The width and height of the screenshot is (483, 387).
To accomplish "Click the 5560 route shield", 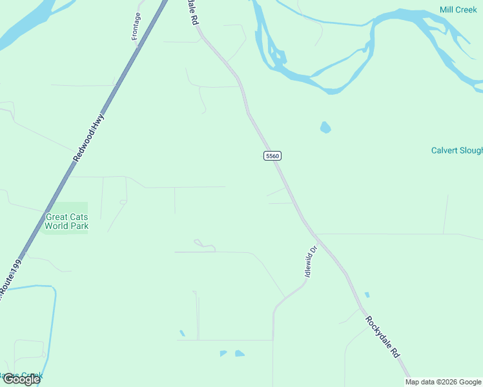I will [272, 156].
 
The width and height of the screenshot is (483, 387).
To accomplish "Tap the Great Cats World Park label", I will [67, 221].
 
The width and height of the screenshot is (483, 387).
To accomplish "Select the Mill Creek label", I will [458, 10].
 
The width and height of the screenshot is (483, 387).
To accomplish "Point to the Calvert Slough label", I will [457, 150].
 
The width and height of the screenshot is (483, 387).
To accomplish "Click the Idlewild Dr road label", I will [311, 261].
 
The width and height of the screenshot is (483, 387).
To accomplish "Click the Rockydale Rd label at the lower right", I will [383, 337].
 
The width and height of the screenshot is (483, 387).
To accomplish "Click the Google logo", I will [21, 379].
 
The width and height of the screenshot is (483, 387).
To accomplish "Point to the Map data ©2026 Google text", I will [444, 382].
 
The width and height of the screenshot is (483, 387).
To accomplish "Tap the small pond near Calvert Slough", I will [325, 127].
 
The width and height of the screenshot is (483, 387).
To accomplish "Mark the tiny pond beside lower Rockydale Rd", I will [367, 295].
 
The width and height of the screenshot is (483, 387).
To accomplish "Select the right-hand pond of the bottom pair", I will [240, 353].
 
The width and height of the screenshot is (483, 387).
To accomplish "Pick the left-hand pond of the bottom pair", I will [223, 353].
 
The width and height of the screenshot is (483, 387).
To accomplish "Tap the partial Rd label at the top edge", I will [192, 12].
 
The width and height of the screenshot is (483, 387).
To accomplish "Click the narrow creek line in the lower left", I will [52, 322].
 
